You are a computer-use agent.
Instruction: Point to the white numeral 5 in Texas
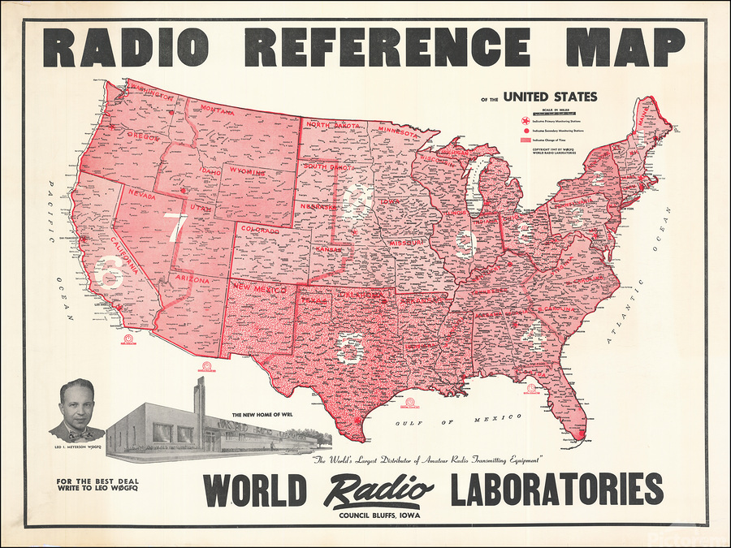coord(350,348)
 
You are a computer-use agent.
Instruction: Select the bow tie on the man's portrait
coord(78,429)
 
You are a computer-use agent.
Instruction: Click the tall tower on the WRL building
coord(200,406)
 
